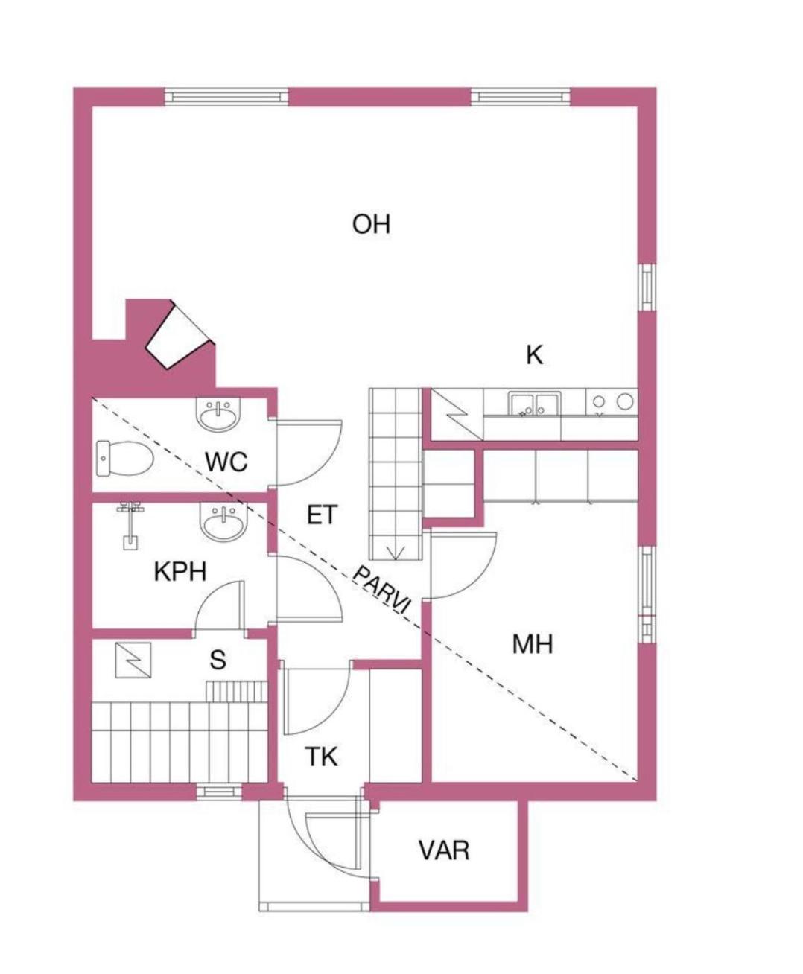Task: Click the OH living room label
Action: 371,224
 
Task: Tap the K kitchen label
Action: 534,355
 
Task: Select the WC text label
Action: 226,462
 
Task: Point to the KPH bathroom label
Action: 180,571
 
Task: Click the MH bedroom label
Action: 533,644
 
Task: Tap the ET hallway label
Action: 322,515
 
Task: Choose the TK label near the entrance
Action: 322,757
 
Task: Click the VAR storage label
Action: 444,850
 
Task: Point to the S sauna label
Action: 218,660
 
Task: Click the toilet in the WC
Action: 125,458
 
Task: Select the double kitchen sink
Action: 535,404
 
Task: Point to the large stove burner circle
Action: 625,401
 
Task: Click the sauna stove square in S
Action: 133,660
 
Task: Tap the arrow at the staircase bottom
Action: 396,553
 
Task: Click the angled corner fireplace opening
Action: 180,335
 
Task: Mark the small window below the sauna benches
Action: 219,792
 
